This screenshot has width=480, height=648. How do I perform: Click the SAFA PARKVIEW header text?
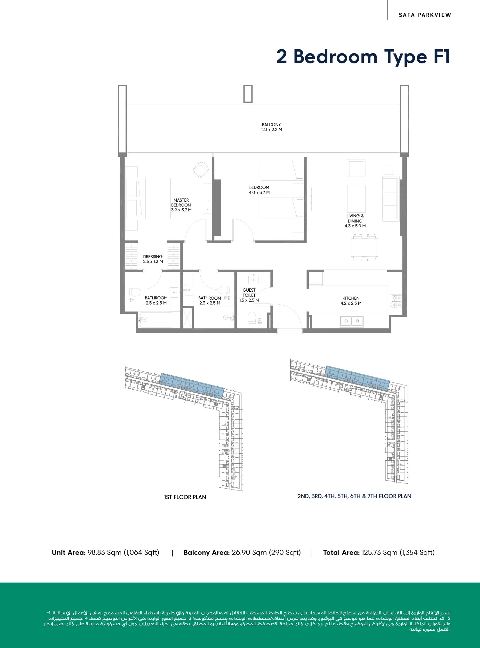click(425, 15)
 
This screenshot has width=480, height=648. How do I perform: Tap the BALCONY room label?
click(271, 125)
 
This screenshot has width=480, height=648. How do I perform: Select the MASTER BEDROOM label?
click(181, 202)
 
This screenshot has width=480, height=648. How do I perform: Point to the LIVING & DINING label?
click(355, 218)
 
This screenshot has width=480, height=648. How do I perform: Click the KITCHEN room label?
click(351, 298)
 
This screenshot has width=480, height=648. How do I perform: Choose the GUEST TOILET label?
click(249, 293)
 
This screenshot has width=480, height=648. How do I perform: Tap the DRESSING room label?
click(153, 256)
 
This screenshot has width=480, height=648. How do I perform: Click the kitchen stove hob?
click(396, 301)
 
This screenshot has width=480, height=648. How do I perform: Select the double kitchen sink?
click(352, 321)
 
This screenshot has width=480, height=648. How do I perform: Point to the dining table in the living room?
click(364, 247)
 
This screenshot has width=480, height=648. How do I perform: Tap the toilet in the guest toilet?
click(252, 318)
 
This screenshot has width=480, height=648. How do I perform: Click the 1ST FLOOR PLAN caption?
click(185, 497)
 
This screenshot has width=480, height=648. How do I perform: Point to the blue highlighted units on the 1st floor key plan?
click(192, 385)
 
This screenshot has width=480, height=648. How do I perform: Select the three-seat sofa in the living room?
click(391, 198)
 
